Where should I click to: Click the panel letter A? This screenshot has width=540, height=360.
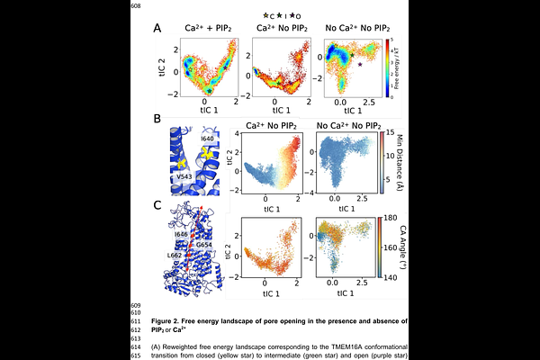pyautogui.click(x=157, y=28)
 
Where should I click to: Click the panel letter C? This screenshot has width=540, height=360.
pyautogui.click(x=157, y=206)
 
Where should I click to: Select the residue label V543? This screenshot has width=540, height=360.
pyautogui.click(x=185, y=176)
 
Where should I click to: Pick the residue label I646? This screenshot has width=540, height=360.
pyautogui.click(x=182, y=234)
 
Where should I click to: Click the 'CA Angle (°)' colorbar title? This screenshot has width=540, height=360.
pyautogui.click(x=400, y=248)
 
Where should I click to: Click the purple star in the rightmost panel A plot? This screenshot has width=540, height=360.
pyautogui.click(x=360, y=65)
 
